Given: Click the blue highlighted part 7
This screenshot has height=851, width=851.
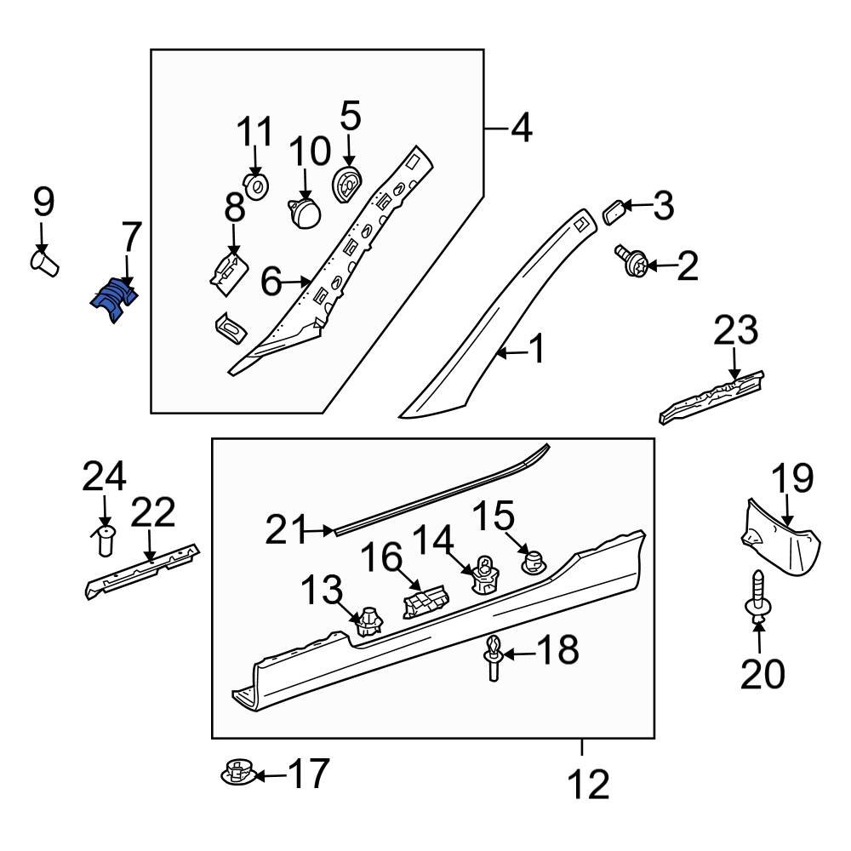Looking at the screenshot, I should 115,300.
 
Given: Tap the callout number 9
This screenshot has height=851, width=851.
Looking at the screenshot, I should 43,203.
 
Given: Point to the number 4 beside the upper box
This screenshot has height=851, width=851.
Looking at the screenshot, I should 521,129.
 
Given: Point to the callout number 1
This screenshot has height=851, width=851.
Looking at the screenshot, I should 536,350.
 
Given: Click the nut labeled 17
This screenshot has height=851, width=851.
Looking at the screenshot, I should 237,774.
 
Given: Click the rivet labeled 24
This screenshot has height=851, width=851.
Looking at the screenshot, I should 106,540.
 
